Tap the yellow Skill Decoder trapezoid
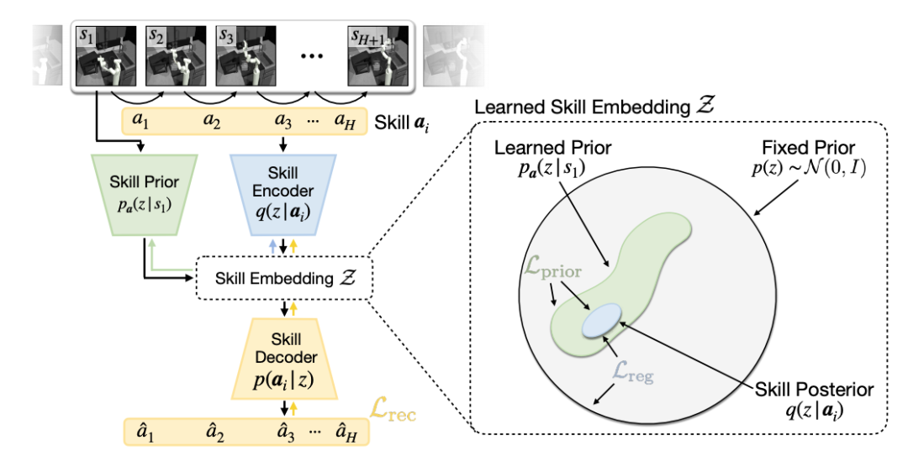[283, 358]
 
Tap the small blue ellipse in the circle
[602, 320]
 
